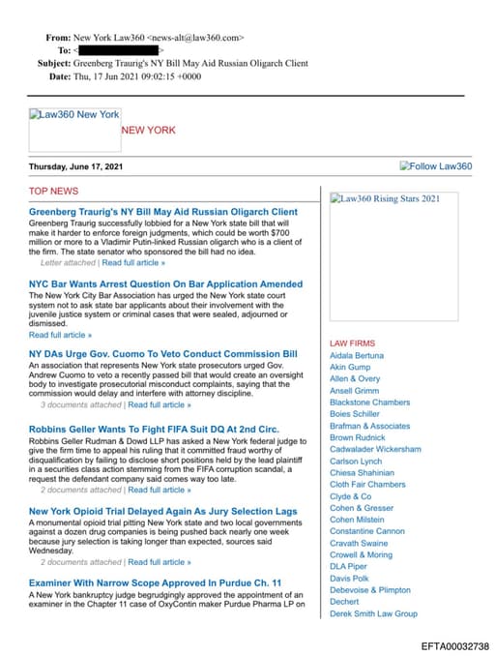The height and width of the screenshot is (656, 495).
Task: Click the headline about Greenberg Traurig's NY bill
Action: point(162,211)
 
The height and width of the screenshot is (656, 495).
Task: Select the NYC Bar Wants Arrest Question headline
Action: point(165,284)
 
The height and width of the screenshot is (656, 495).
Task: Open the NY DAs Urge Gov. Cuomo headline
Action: point(162,354)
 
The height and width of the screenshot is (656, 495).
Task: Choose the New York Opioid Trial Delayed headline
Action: point(162,511)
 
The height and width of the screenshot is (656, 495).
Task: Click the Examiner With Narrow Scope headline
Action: point(155,582)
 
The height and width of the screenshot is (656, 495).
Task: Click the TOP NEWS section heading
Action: point(53,192)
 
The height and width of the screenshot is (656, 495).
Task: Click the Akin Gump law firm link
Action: point(350,368)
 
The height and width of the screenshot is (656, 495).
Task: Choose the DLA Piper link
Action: point(348,566)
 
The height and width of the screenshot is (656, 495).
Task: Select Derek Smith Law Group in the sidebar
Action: point(373,613)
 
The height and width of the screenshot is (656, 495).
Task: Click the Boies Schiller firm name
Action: point(355,414)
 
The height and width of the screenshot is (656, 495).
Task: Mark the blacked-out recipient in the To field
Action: point(117,49)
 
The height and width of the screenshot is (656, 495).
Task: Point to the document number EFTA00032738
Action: point(454,645)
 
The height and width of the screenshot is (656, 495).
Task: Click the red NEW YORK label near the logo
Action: point(148,130)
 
